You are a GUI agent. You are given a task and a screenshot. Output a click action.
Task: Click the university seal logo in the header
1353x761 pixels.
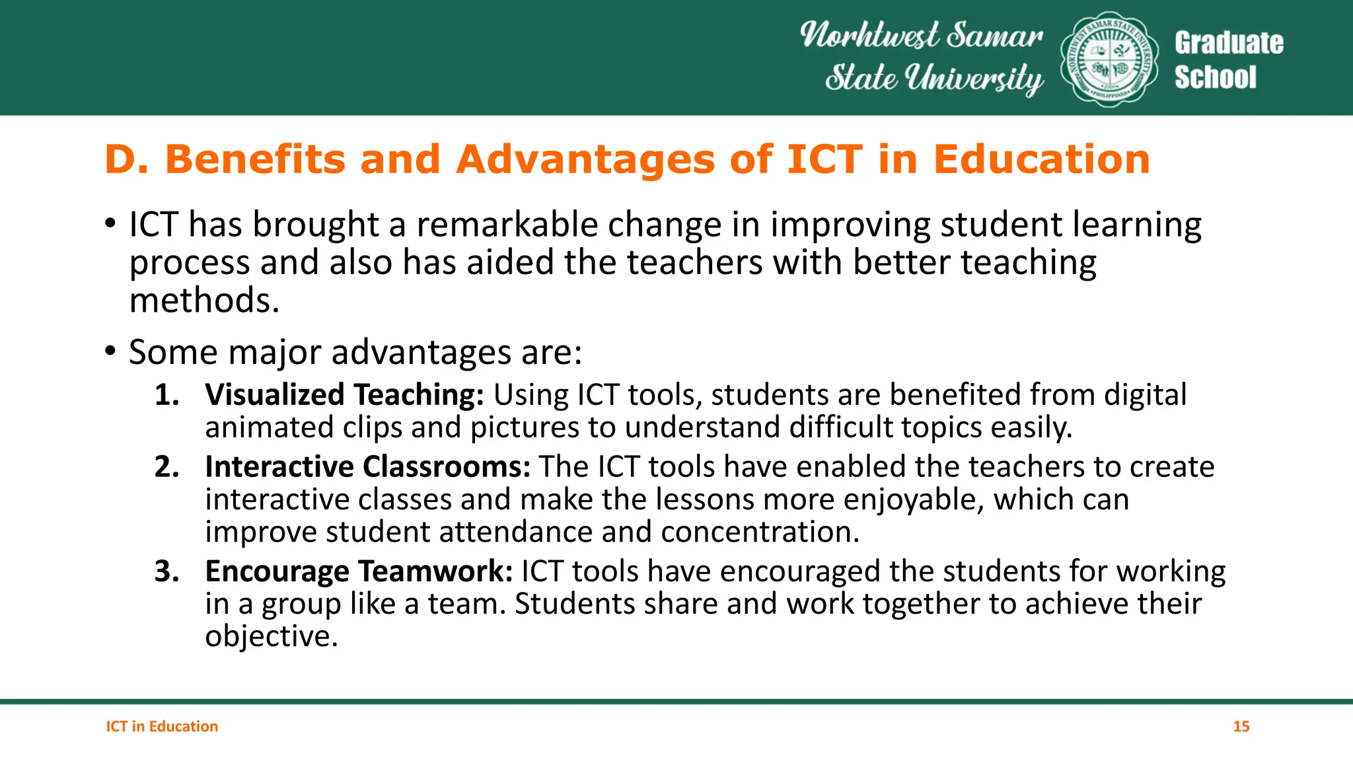pyautogui.click(x=1109, y=59)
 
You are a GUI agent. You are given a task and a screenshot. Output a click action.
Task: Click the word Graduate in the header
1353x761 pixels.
pyautogui.click(x=1229, y=43)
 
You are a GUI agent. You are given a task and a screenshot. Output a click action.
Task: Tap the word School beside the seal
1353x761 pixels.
pyautogui.click(x=1215, y=77)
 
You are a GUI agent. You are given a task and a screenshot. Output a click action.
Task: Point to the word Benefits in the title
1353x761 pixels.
pyautogui.click(x=254, y=160)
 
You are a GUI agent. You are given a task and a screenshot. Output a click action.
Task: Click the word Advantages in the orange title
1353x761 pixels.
pyautogui.click(x=585, y=160)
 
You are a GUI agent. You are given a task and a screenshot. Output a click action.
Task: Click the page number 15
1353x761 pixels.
pyautogui.click(x=1241, y=727)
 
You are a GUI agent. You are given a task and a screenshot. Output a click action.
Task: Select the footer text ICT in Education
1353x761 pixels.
pyautogui.click(x=162, y=727)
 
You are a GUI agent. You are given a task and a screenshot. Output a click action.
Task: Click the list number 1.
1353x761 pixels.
pyautogui.click(x=166, y=395)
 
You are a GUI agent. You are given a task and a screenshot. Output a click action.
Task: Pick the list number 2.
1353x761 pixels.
pyautogui.click(x=166, y=467)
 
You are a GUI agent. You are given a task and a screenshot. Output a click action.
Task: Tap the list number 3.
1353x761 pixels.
pyautogui.click(x=166, y=571)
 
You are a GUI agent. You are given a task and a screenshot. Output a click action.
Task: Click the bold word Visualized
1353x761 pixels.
pyautogui.click(x=275, y=395)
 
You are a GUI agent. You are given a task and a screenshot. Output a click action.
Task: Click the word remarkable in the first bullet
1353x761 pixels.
pyautogui.click(x=507, y=225)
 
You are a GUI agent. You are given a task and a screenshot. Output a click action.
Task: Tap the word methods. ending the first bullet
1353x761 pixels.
pyautogui.click(x=204, y=301)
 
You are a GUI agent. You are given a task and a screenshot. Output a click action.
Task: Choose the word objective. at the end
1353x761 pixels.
pyautogui.click(x=271, y=636)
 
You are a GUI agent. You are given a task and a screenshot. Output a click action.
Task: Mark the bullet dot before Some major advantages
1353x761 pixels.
pyautogui.click(x=110, y=351)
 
